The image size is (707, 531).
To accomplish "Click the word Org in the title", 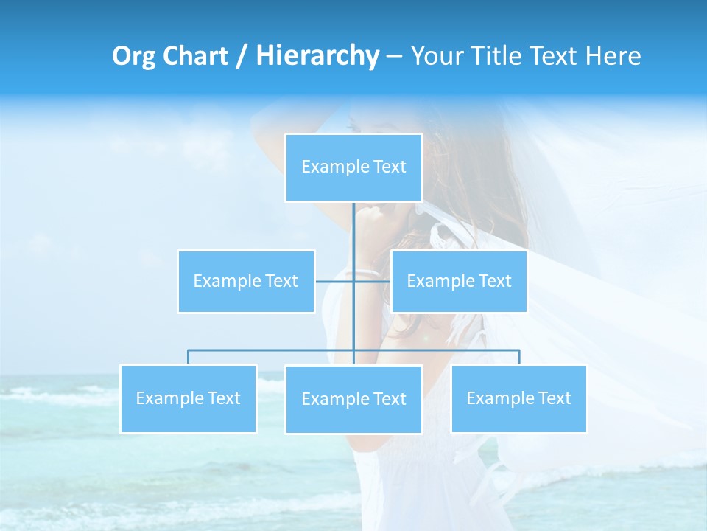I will click(x=133, y=56).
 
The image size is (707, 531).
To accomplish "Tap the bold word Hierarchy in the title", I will click(x=317, y=56).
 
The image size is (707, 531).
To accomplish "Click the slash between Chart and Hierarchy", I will click(x=240, y=57).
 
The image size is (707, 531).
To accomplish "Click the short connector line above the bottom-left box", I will click(x=189, y=357).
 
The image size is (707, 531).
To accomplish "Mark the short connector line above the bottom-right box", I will click(x=519, y=357).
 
